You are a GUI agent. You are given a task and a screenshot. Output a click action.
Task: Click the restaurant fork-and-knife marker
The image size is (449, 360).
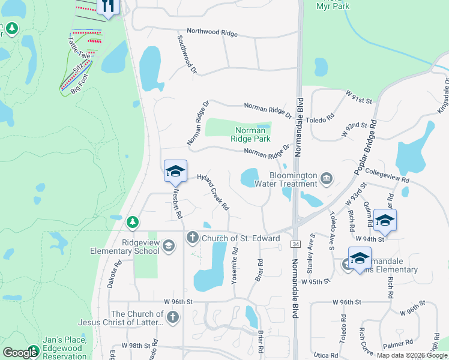(x=108, y=6)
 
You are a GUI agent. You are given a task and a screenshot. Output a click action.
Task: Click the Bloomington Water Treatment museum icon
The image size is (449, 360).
(x=326, y=177)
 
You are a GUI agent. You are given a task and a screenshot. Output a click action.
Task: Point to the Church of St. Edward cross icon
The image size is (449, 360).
(x=193, y=238)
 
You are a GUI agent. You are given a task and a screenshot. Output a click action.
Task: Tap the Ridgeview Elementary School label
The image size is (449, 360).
(x=124, y=247)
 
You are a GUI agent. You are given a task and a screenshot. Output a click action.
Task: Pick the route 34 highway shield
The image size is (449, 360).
(x=295, y=244)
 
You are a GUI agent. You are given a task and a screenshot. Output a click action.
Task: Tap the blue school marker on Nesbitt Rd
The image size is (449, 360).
(x=175, y=172)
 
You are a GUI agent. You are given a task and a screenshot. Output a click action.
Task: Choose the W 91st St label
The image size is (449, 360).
(x=360, y=96)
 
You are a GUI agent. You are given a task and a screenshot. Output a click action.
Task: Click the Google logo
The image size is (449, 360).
(x=20, y=353)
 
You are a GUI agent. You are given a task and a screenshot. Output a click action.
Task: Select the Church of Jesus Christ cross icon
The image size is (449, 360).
(x=173, y=317)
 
